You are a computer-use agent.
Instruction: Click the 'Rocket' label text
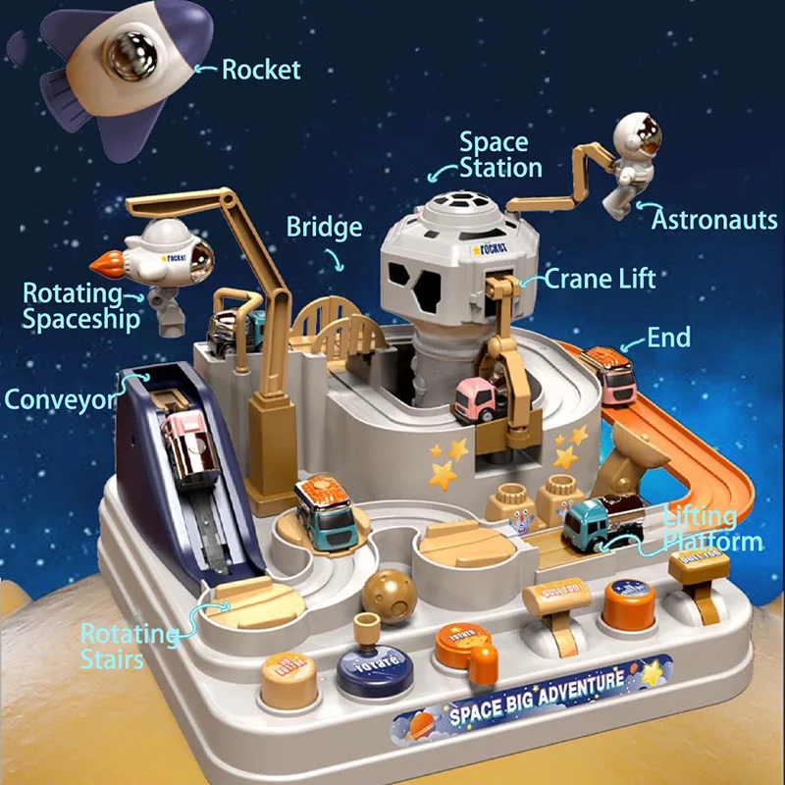[x=261, y=70]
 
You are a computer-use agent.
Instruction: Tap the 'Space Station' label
[x=500, y=155]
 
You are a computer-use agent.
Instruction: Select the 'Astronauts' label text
[x=713, y=218]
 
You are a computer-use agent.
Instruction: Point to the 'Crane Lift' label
[x=600, y=279]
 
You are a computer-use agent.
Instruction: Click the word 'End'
[x=668, y=339]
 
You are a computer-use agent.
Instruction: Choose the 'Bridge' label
[x=324, y=228]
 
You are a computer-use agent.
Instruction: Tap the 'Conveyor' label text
[x=60, y=399]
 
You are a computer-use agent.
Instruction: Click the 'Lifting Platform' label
[x=713, y=529]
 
